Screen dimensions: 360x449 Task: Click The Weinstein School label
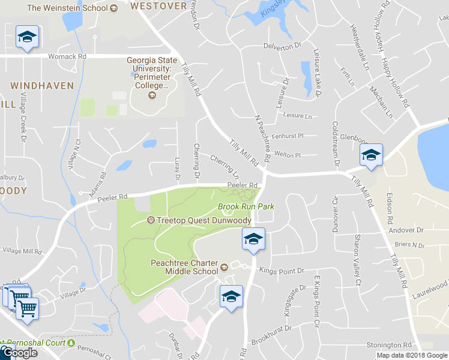point(68,8)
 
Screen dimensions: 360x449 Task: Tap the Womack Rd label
point(67,56)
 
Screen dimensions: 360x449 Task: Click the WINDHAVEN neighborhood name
point(42,86)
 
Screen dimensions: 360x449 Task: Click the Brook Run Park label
point(246,206)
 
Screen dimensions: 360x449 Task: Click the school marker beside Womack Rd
point(26,38)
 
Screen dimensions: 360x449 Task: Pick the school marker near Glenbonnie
point(370,155)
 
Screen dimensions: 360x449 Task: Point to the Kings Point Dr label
point(281,271)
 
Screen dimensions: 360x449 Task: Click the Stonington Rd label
point(391,345)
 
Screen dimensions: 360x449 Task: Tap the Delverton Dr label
point(282,46)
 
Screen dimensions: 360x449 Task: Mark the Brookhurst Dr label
point(271,329)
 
